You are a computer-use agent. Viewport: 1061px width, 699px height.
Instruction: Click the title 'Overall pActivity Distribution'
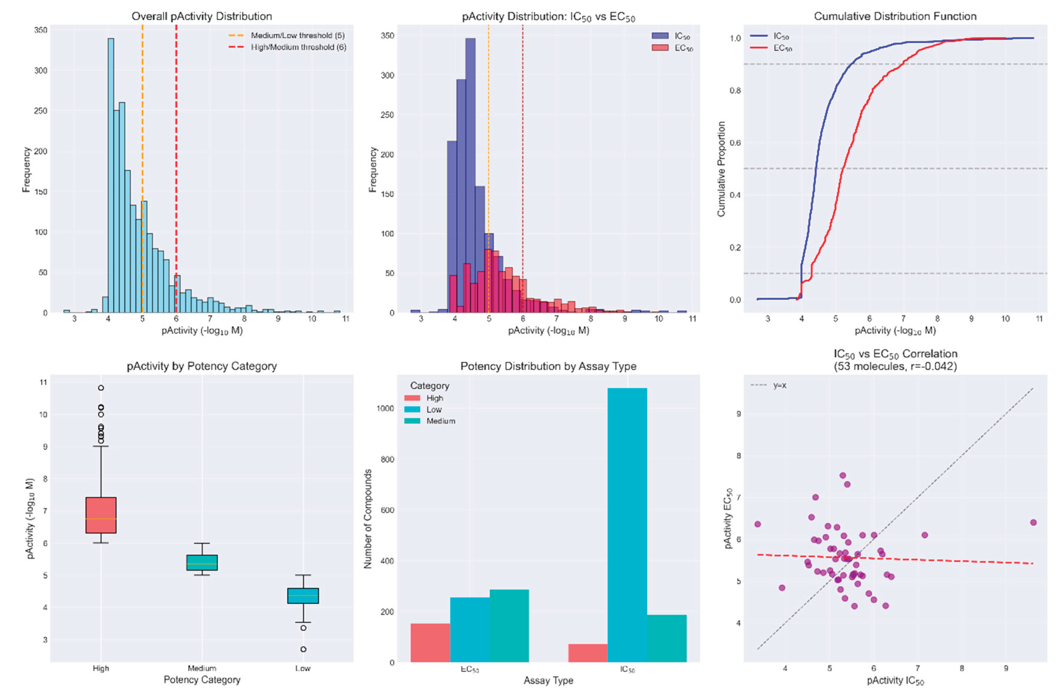[x=202, y=16]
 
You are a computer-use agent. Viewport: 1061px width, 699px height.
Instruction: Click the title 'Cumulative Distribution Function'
[x=895, y=16]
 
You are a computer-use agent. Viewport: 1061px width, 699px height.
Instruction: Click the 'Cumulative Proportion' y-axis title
[x=721, y=169]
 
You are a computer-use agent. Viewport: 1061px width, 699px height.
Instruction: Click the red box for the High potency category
[x=101, y=515]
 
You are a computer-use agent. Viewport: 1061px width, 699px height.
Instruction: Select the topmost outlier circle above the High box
[x=101, y=388]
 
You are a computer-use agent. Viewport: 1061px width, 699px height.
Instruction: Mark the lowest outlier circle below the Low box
[x=303, y=649]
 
